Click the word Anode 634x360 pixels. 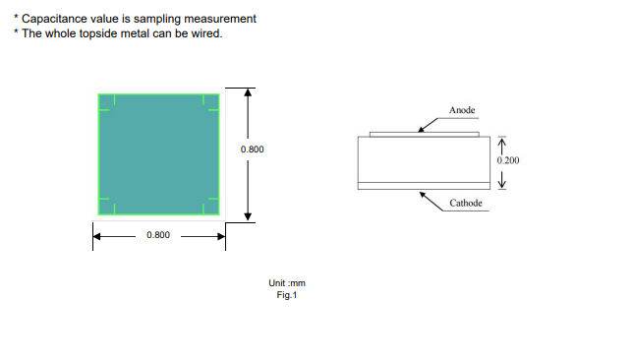[x=462, y=110]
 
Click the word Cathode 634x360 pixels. [x=466, y=203]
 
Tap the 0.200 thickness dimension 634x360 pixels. [x=508, y=160]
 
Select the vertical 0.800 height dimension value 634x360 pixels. [x=253, y=150]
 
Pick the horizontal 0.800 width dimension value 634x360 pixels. [x=158, y=235]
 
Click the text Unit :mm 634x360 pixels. [x=287, y=283]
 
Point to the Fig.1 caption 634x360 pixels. [x=287, y=295]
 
